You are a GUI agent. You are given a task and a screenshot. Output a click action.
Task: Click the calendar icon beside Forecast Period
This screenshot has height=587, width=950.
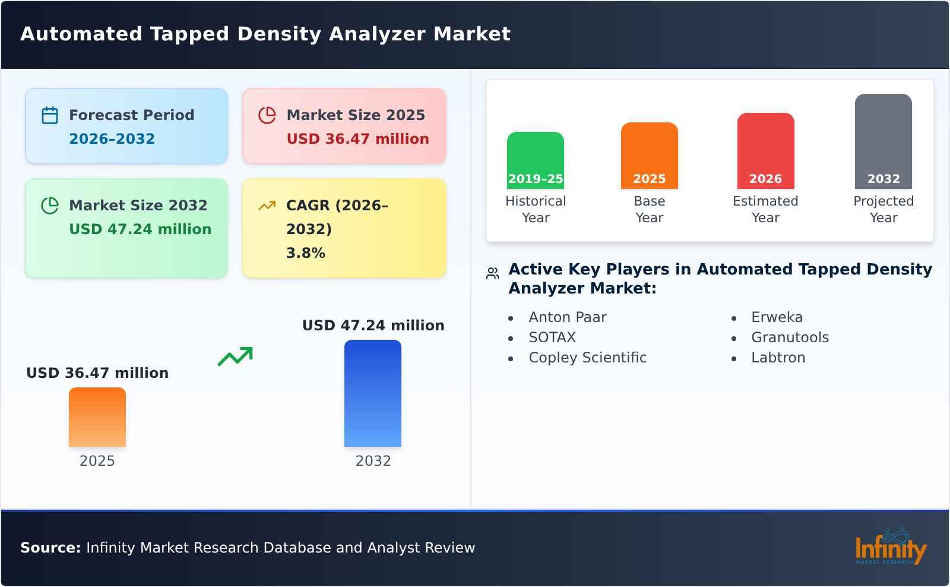(50, 115)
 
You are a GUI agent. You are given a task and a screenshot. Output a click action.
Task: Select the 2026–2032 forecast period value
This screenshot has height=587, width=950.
(112, 139)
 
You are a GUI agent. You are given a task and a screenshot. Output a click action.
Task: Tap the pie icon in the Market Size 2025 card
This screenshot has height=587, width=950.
(267, 115)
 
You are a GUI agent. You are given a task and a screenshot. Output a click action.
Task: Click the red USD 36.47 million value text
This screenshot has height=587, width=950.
(357, 139)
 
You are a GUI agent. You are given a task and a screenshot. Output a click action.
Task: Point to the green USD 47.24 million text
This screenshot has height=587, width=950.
(140, 229)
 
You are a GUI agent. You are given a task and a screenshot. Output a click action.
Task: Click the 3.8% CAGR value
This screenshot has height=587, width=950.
(305, 253)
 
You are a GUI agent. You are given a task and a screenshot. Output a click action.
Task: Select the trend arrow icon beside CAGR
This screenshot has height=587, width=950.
(267, 206)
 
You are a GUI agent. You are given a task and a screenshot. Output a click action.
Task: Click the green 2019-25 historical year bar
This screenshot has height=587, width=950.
(535, 160)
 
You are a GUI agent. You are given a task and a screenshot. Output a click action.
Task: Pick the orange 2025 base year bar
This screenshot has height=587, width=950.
(649, 156)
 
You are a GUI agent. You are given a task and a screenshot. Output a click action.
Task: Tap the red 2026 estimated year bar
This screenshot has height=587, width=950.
(765, 151)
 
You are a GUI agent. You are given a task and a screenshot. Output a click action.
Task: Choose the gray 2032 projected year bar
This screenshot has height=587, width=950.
(883, 141)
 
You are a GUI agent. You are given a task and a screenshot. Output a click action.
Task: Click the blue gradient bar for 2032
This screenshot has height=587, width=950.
(373, 393)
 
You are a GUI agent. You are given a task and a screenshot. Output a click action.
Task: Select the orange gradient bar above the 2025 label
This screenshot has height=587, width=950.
(97, 417)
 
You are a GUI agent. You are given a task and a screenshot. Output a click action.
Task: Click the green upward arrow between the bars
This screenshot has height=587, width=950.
(235, 356)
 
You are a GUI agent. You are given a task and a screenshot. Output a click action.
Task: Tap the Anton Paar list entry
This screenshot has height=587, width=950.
(567, 317)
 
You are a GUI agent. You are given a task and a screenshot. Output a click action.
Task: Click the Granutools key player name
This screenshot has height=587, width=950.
(790, 337)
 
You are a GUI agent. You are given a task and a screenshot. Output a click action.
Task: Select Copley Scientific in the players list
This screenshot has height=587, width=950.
(587, 358)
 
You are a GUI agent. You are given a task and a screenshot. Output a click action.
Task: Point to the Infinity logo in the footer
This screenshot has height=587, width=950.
(890, 547)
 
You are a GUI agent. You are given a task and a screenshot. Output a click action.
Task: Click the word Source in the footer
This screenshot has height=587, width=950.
(50, 548)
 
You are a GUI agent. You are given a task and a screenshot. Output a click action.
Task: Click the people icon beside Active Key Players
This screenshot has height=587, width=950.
(492, 273)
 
